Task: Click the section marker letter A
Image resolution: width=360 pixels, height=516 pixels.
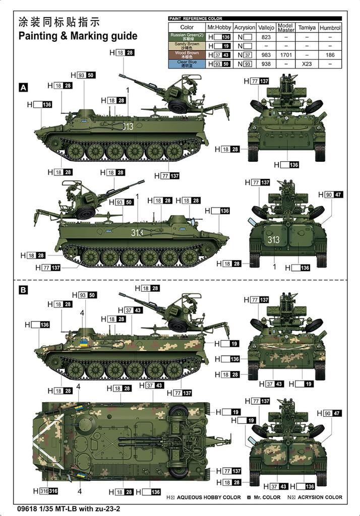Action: [x=23, y=88]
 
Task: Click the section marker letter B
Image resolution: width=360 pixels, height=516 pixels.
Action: [x=23, y=290]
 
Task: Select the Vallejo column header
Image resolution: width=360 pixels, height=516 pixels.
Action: [x=266, y=27]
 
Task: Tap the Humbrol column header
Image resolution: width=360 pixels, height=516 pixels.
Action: [x=330, y=27]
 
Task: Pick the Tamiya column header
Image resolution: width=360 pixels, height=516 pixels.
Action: [x=307, y=27]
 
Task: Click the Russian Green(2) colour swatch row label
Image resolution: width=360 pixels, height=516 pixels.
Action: [x=187, y=37]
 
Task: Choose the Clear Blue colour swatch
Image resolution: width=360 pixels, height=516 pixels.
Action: [x=187, y=64]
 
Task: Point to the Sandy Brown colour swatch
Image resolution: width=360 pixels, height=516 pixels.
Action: [x=187, y=46]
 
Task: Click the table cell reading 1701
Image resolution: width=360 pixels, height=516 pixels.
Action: [x=285, y=55]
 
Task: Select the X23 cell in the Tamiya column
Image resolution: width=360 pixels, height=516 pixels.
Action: [x=307, y=64]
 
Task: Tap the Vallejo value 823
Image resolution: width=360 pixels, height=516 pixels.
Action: [x=266, y=37]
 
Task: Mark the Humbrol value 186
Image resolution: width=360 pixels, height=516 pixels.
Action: [x=330, y=55]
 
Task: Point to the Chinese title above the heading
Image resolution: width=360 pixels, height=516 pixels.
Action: [x=59, y=22]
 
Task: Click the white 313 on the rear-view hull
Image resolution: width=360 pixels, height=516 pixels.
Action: [x=274, y=240]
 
